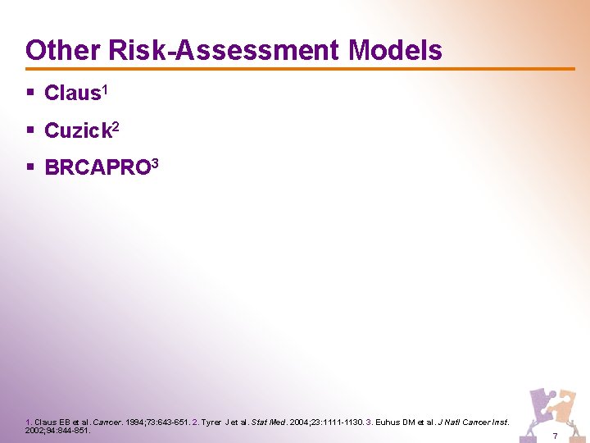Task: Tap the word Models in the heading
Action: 395,50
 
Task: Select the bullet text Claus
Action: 71,94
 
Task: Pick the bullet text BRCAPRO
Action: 96,168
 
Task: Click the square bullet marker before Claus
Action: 29,93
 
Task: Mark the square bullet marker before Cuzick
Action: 29,130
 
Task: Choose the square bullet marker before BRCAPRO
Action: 29,167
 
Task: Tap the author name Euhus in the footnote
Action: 389,422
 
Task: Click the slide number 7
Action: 555,435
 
